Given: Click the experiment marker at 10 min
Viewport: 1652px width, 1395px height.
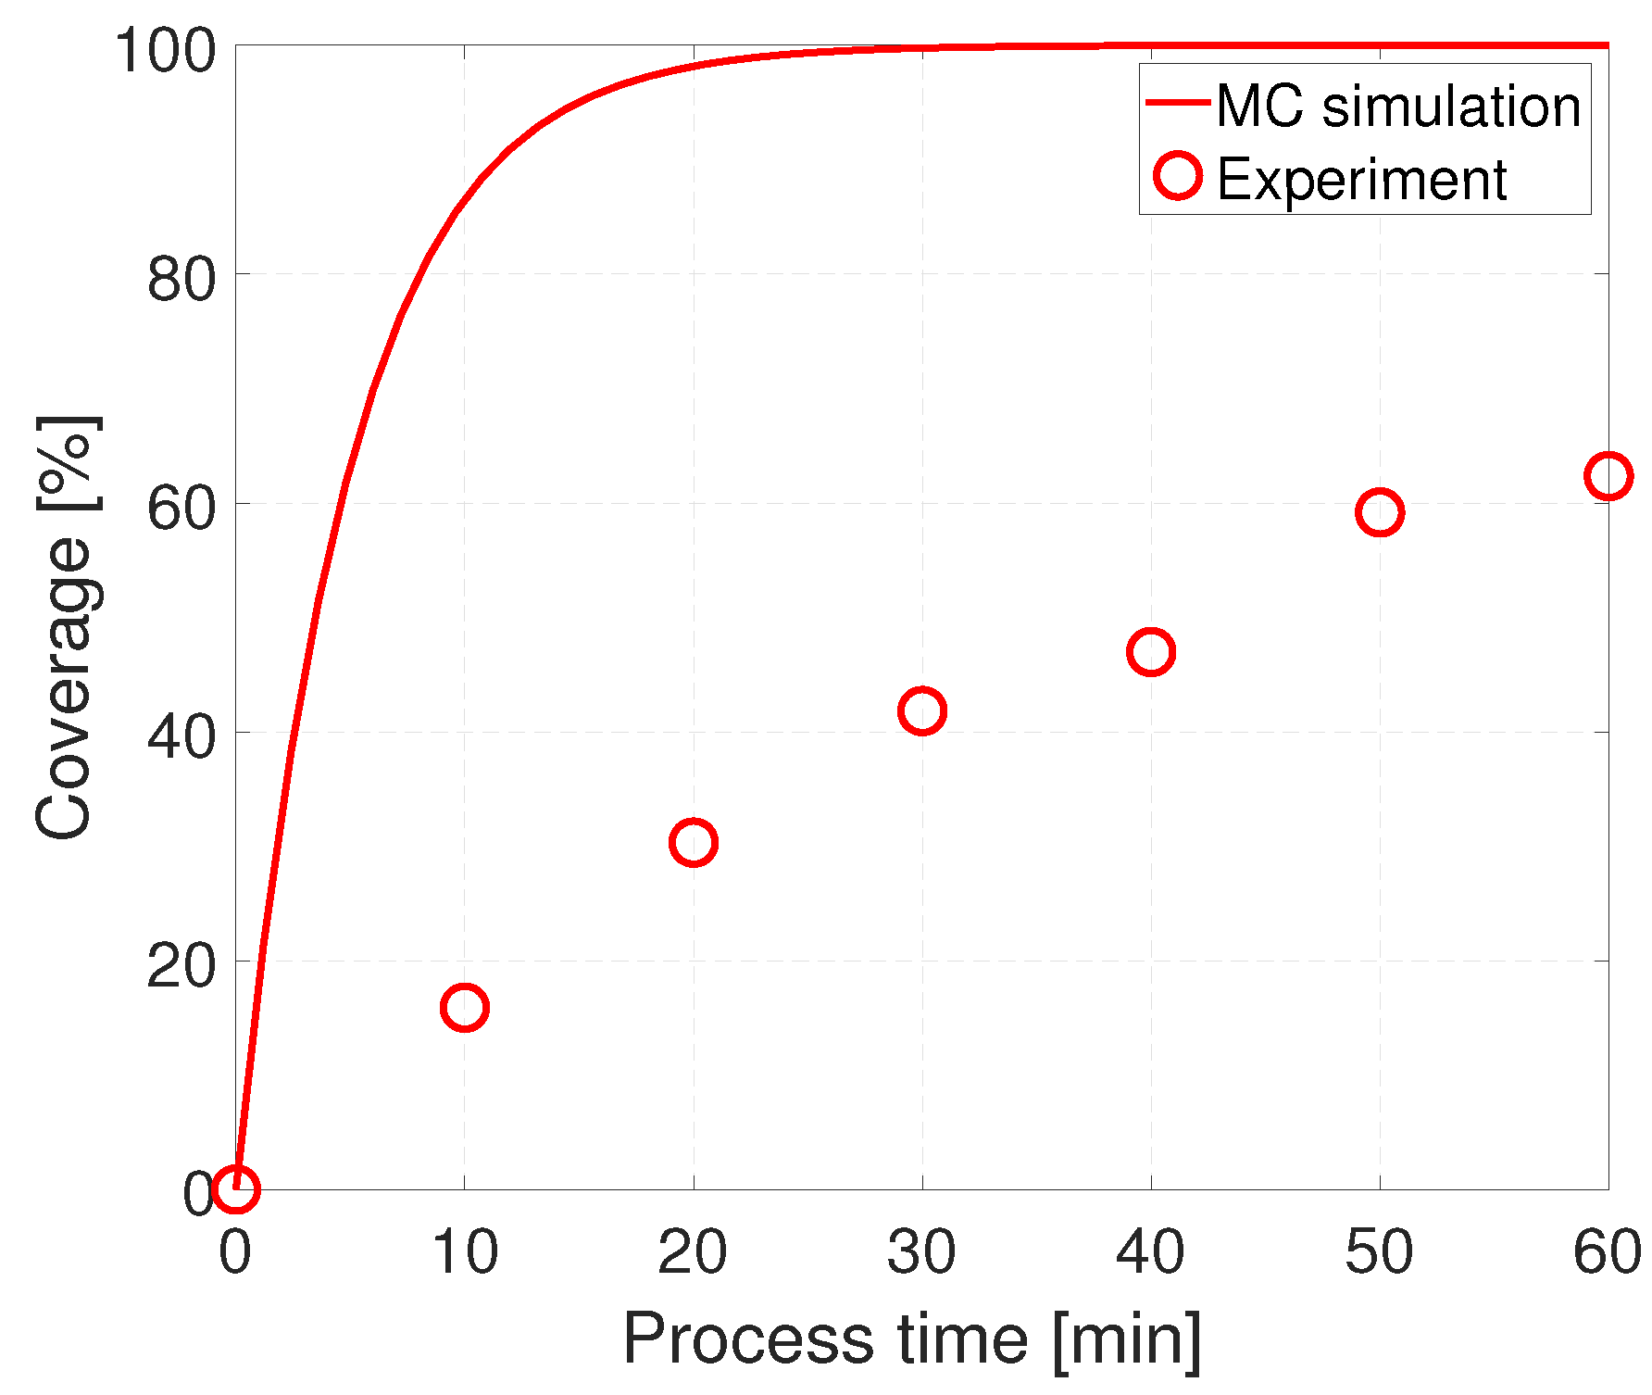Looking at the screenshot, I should (464, 1007).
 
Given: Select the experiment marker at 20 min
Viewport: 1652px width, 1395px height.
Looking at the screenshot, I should (693, 842).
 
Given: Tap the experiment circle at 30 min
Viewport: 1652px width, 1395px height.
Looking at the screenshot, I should (921, 710).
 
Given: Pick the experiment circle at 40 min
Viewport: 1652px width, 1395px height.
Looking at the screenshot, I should (1151, 652).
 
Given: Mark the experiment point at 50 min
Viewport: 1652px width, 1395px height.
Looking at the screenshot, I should (1380, 512).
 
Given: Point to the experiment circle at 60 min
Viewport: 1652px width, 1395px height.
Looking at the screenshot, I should (1608, 476).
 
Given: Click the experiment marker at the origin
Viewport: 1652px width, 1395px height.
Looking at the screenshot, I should (235, 1188).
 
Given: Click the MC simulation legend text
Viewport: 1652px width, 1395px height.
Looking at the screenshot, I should (1398, 106).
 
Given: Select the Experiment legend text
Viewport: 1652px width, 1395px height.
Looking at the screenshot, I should (1361, 179).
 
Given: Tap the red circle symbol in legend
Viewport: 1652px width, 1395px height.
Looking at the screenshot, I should (1178, 175).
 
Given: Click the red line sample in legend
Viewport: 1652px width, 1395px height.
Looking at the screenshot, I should (1178, 102).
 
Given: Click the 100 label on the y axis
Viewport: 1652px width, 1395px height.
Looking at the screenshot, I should (165, 50).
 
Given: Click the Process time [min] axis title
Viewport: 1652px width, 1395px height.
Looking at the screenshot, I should (912, 1338).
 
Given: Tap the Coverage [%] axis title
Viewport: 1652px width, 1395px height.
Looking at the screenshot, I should (65, 628).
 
